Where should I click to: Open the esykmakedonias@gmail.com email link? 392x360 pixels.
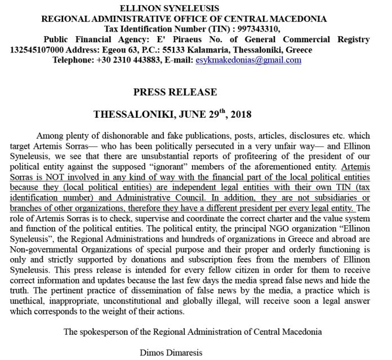(248, 60)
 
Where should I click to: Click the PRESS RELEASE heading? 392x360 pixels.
(175, 92)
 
